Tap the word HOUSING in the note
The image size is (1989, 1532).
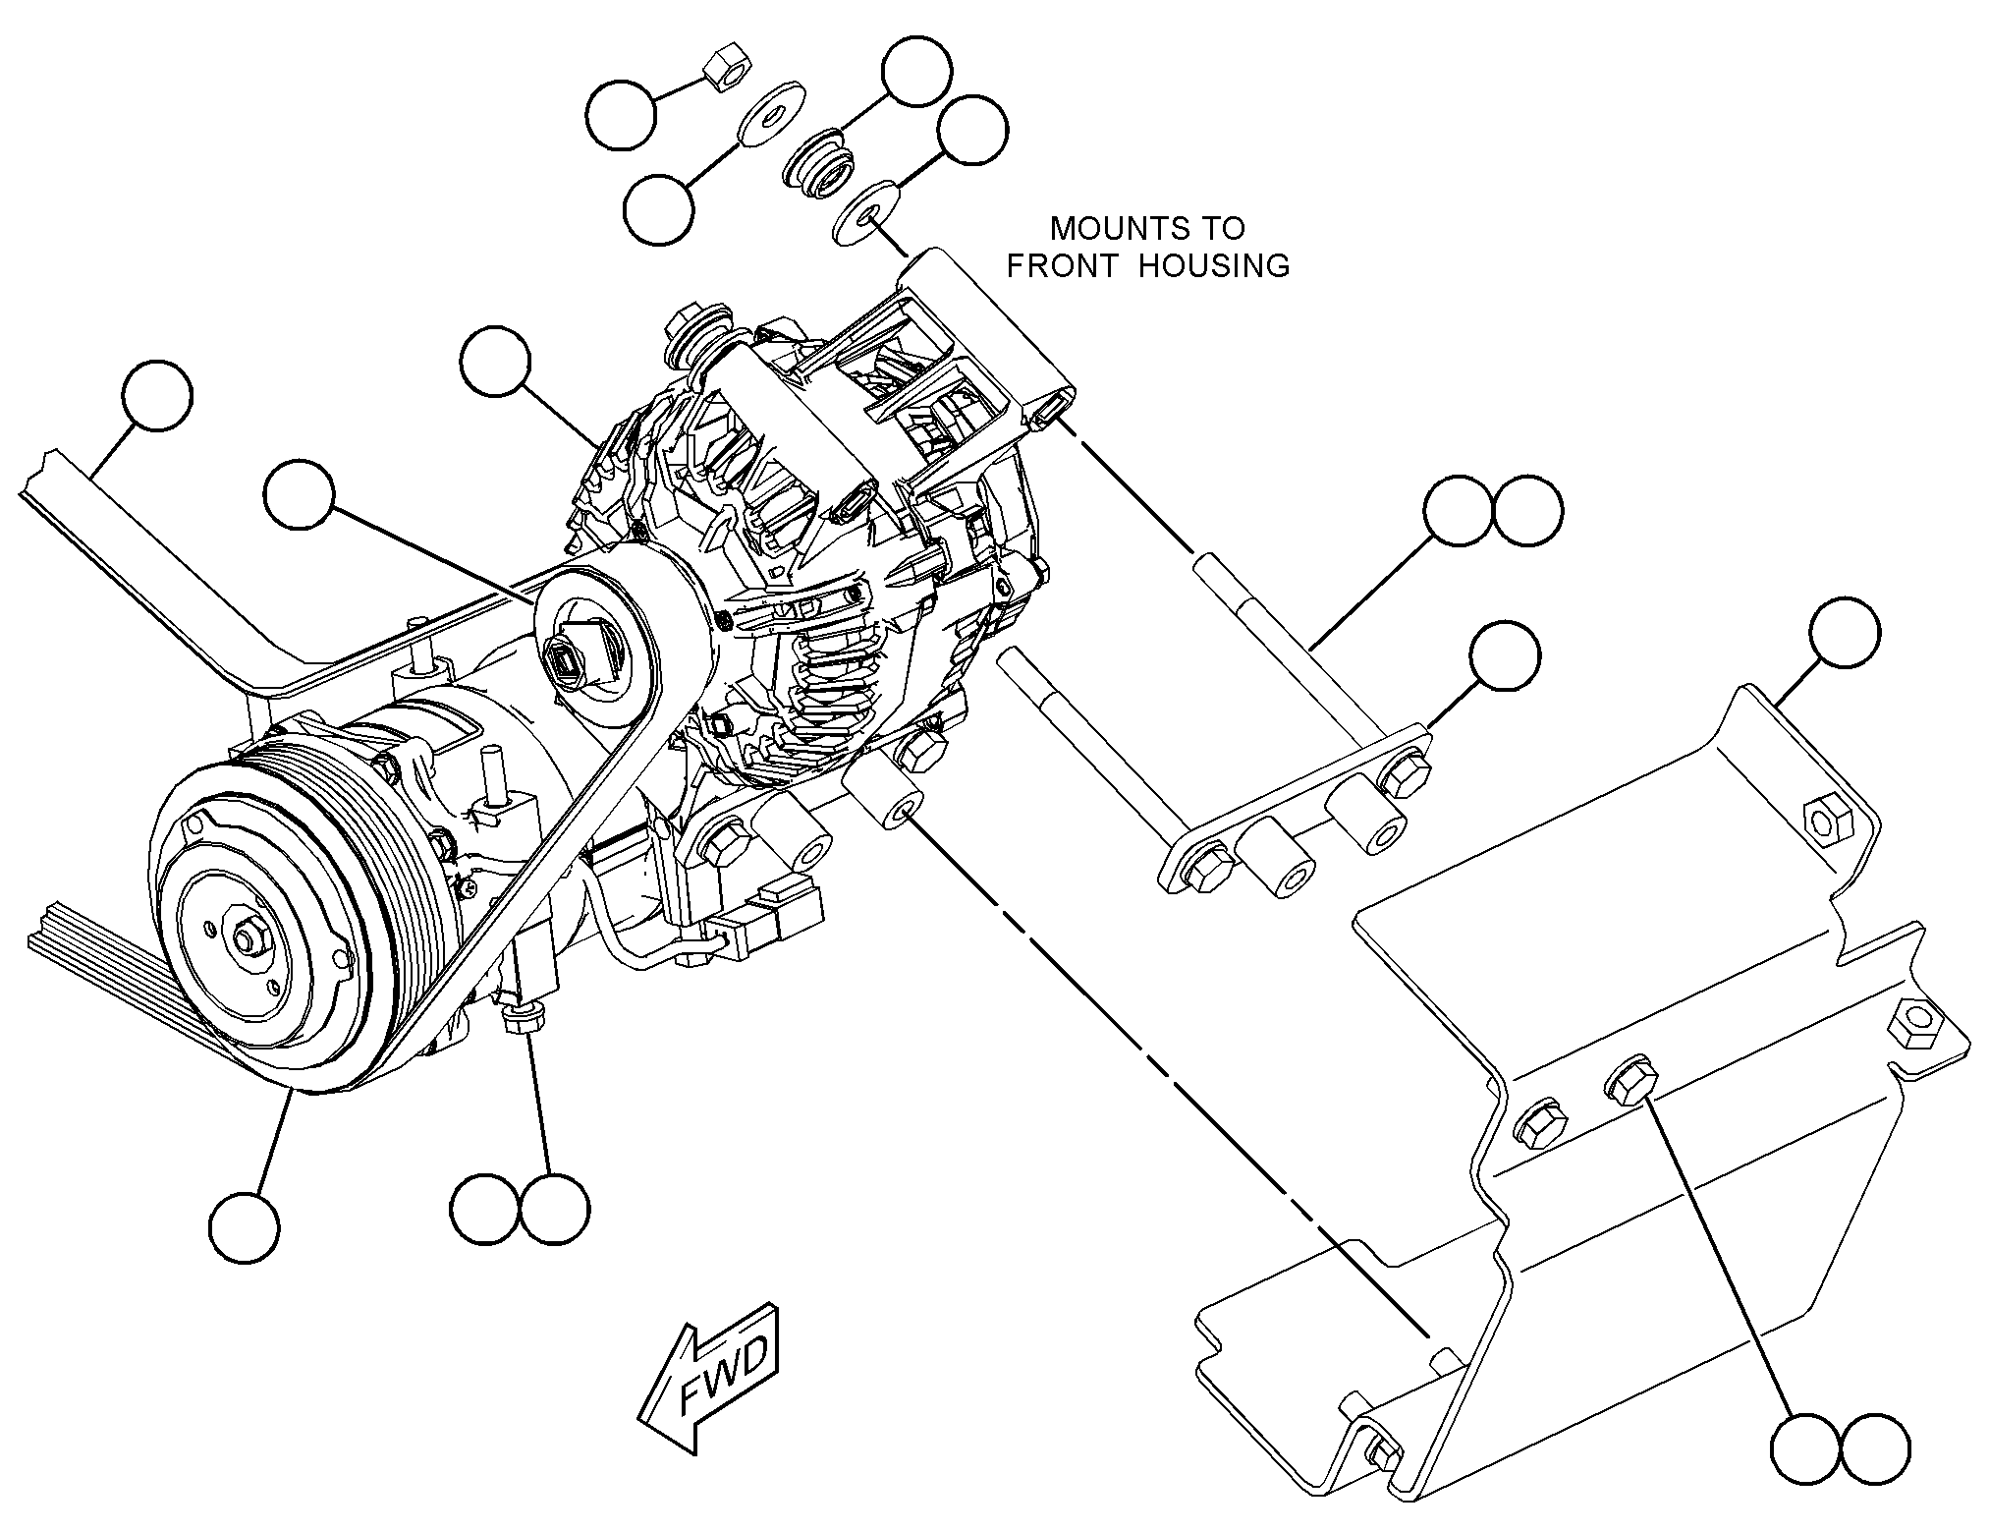point(1214,265)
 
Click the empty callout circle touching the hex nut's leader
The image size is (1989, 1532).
point(622,116)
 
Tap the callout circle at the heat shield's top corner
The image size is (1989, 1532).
point(1845,632)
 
